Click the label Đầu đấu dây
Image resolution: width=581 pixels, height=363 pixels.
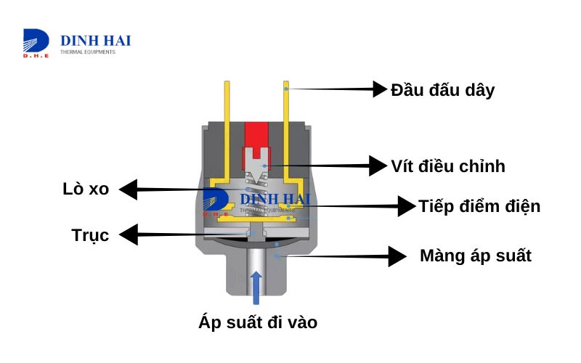pos(442,90)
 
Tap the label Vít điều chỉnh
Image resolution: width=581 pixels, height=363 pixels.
pos(447,166)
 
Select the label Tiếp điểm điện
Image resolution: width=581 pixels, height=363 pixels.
pos(479,206)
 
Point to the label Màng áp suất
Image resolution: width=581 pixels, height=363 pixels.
pos(475,256)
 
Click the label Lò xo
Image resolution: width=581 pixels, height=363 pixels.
pos(86,189)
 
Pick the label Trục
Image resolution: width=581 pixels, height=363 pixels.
pos(91,235)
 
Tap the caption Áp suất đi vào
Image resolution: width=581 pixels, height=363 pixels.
pos(258,322)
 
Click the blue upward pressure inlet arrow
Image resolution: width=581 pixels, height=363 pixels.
pos(255,287)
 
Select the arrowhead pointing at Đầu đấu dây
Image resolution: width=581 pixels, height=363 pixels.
pos(379,89)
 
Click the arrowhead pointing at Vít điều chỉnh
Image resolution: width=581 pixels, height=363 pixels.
pos(378,166)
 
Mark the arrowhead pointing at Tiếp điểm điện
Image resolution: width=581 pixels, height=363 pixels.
pos(405,206)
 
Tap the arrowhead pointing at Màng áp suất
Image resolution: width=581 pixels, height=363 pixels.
pos(397,256)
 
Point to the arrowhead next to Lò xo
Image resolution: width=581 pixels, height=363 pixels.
pos(128,190)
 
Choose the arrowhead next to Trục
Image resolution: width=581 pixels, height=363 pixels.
pos(128,234)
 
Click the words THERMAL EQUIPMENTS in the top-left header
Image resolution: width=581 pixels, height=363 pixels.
pos(87,52)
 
